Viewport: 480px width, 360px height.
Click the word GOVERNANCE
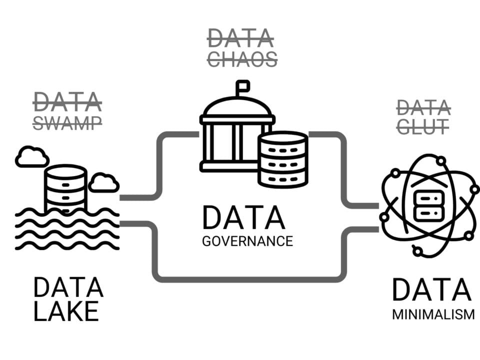point(247,240)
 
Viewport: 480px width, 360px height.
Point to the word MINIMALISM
point(433,315)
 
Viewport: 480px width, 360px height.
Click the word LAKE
point(66,311)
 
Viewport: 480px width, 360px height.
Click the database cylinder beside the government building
point(282,159)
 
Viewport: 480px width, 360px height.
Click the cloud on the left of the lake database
point(32,156)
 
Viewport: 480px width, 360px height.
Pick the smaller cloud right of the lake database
point(104,182)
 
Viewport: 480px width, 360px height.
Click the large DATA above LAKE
point(68,288)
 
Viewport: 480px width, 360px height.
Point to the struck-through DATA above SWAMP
point(67,102)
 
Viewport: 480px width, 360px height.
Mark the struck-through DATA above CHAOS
point(240,38)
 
